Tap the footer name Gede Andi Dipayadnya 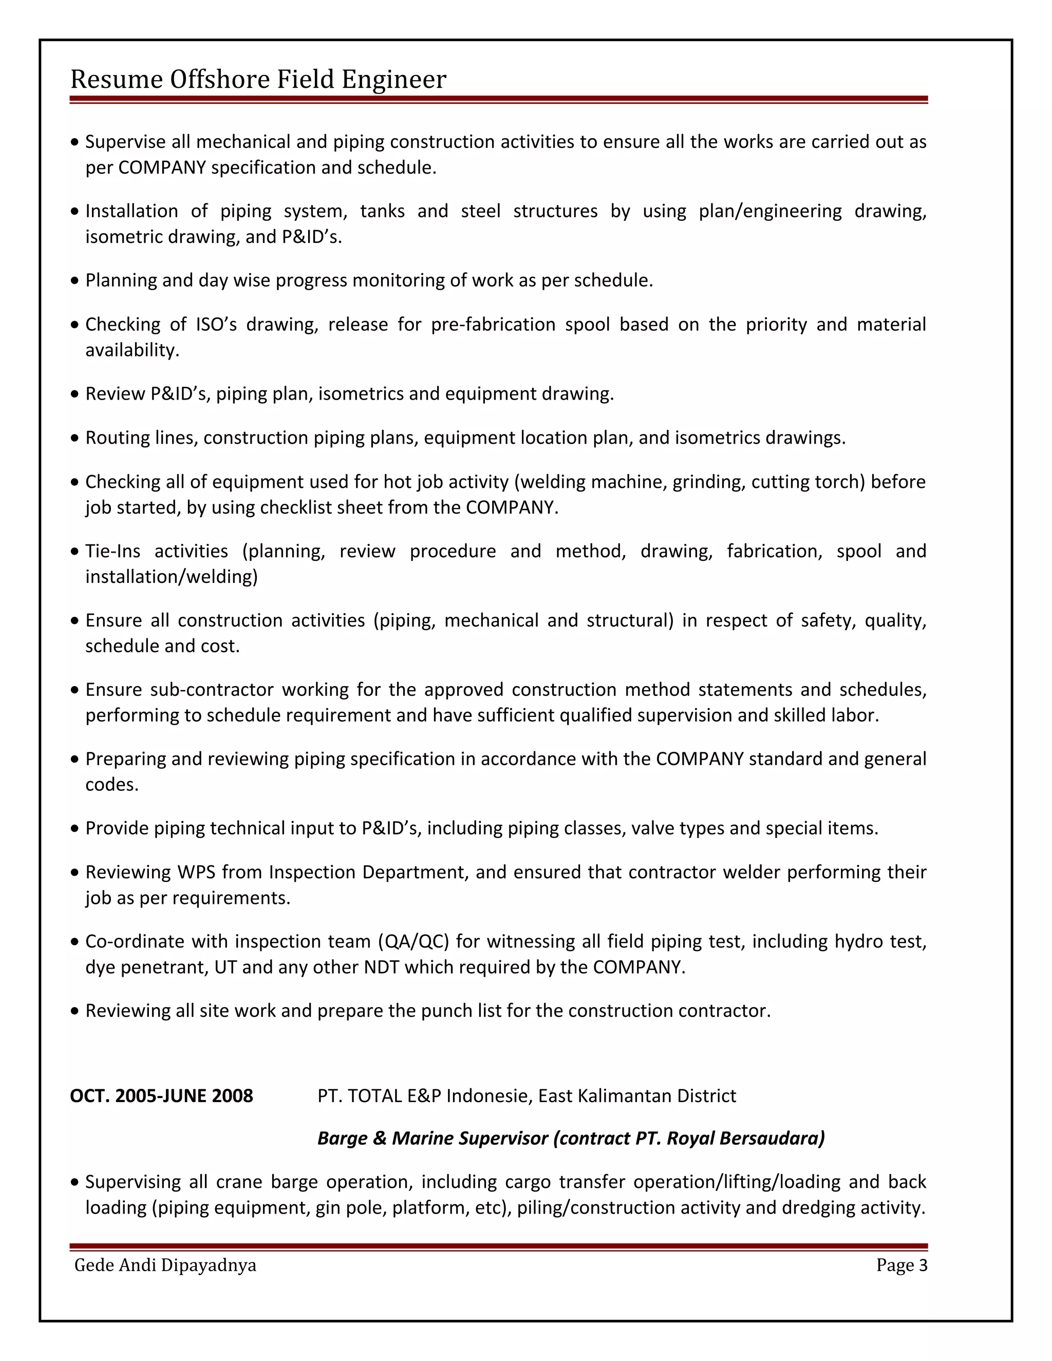[x=165, y=1265]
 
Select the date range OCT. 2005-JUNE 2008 [x=161, y=1095]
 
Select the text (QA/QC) [x=412, y=940]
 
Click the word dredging [x=818, y=1207]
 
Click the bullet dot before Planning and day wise [x=75, y=281]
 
